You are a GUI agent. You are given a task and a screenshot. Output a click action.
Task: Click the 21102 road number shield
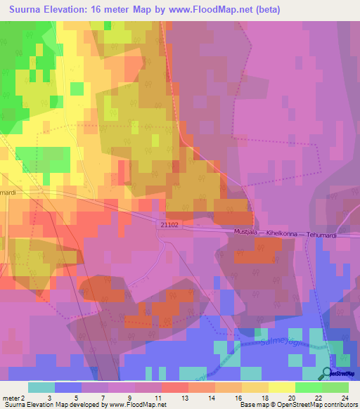pyautogui.click(x=169, y=223)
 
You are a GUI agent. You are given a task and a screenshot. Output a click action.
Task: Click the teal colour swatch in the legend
pyautogui.click(x=41, y=387)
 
